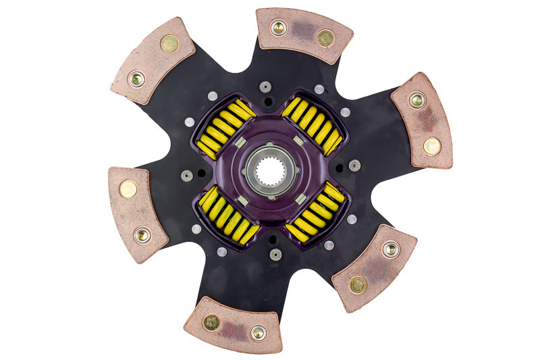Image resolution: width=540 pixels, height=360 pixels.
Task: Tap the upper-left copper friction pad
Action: click(153, 61)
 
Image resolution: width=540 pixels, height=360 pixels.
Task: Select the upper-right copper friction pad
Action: click(423, 120)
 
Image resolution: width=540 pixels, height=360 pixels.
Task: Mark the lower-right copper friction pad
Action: click(375, 267)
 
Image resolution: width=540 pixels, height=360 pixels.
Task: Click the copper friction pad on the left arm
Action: click(137, 212)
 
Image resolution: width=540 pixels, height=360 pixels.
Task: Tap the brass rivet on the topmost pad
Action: click(325, 38)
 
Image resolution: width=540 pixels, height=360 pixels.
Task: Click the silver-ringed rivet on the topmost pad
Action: click(278, 28)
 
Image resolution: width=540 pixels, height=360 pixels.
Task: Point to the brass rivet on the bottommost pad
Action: click(211, 322)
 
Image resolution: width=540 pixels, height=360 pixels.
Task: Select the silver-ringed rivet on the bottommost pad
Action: click(258, 332)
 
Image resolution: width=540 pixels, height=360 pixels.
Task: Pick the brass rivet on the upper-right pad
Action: click(432, 146)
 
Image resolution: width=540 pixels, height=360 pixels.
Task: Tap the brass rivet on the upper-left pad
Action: click(169, 44)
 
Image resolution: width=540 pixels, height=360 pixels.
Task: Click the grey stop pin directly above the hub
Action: click(265, 87)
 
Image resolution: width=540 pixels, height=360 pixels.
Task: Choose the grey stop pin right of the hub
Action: click(354, 165)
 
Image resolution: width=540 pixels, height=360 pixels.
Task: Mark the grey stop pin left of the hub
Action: click(187, 176)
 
